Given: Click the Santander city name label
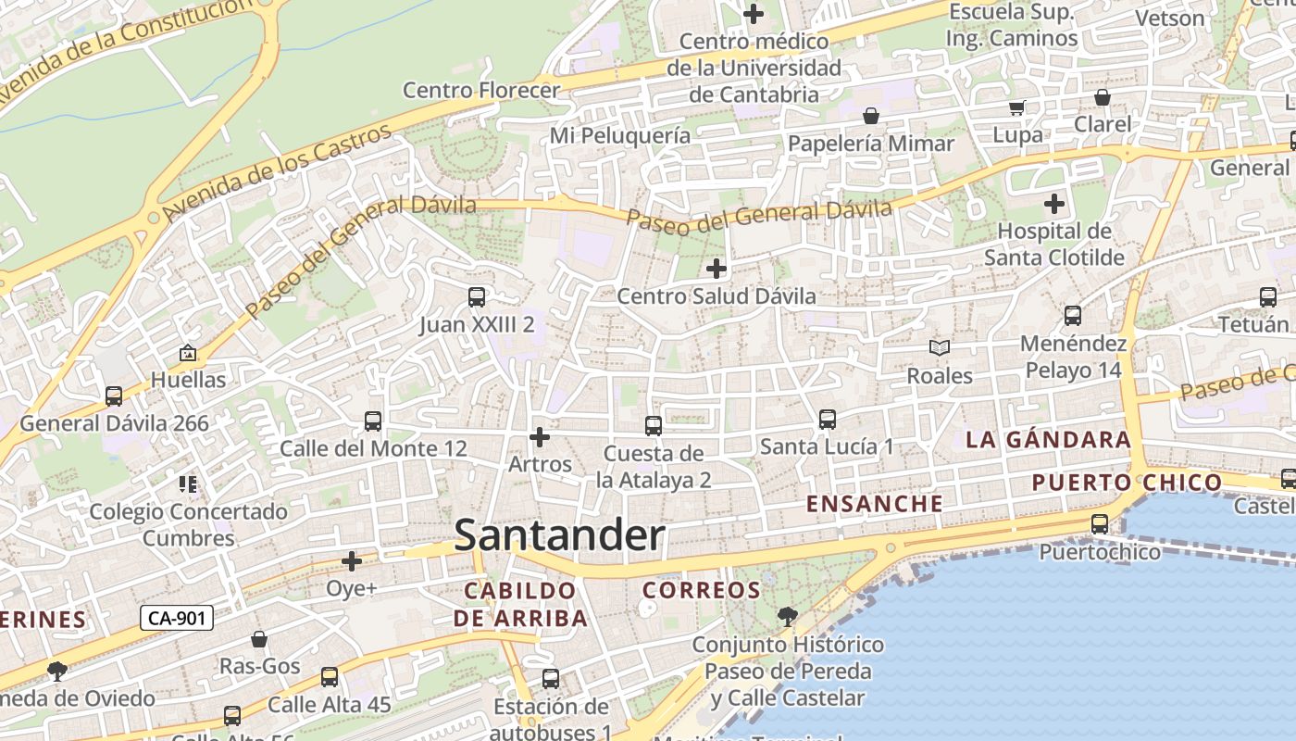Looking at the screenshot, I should pos(559,535).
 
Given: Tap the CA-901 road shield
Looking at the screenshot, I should pos(177,618).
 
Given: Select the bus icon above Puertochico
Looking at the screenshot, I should pos(1100,524).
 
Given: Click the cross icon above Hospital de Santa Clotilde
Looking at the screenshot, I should pos(1054,204).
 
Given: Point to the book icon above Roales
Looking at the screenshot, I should pos(940,348).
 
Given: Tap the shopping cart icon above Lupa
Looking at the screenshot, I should pos(1016,107).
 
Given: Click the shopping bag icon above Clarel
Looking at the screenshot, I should pos(1103,97).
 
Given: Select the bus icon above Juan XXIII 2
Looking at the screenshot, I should pos(477,297).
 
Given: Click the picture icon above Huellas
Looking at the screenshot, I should pos(188,353).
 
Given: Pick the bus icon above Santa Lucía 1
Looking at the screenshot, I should pos(828,420).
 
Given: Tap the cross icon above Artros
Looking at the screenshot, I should pos(540,436).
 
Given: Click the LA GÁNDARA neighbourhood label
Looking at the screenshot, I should pos(1048,440).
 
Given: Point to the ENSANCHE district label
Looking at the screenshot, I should pos(875,504).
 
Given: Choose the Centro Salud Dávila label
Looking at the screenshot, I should pos(717,296).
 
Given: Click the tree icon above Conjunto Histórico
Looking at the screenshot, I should pos(787,616).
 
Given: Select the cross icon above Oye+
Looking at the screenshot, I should pos(352,561).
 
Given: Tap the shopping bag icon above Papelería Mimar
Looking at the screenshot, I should pos(870,116).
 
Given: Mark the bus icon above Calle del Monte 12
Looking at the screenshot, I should pos(373,421).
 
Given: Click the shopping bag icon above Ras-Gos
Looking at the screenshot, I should pos(259,639).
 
